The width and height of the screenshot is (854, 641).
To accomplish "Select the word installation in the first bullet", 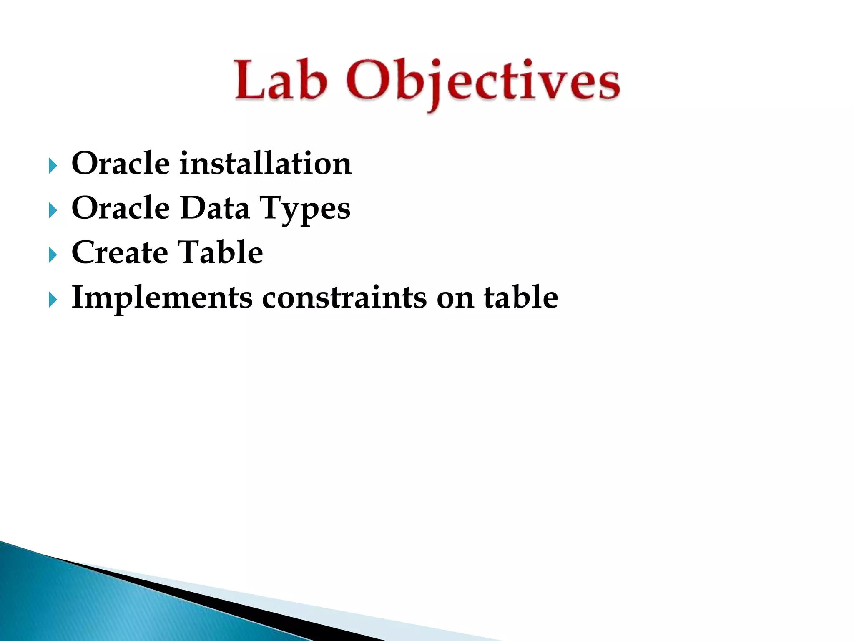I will point(266,163).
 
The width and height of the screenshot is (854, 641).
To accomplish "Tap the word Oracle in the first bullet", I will point(121,163).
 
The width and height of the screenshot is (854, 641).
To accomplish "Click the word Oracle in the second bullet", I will point(121,208).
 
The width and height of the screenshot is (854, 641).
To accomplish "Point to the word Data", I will point(215,208).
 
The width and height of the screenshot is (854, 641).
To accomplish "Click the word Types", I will point(305,209).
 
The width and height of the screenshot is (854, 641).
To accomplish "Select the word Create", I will point(120,252).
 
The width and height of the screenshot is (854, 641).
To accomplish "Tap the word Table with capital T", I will point(221,252).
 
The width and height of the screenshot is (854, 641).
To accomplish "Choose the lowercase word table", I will point(521,297).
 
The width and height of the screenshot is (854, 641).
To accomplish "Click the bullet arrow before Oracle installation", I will point(53,166).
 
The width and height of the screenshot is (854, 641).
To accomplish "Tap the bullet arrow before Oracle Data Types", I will point(53,210).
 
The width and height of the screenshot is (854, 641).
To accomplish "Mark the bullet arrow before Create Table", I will point(53,255).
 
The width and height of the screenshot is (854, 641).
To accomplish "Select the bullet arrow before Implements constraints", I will point(53,300).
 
